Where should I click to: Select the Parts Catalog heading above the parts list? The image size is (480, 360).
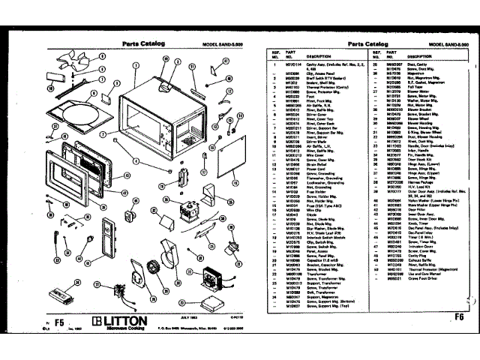click(x=366, y=44)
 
